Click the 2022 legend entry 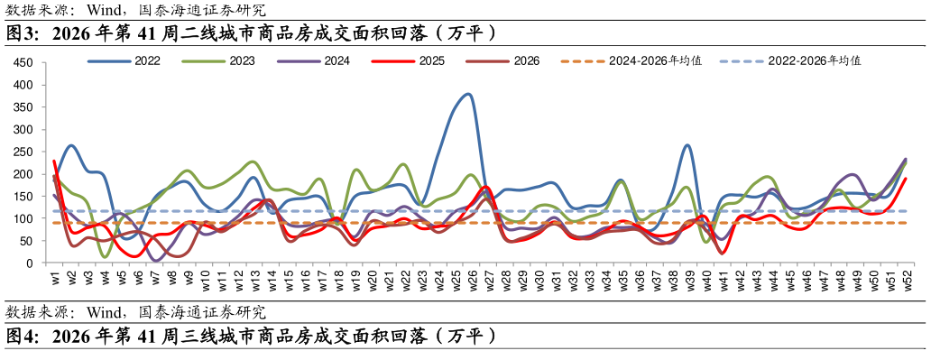pos(124,60)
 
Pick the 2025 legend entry pos(409,60)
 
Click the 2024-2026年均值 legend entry pos(631,60)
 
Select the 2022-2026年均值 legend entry pos(790,60)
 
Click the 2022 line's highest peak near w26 pos(468,94)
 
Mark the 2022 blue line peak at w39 pos(687,145)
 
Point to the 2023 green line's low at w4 pos(106,256)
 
